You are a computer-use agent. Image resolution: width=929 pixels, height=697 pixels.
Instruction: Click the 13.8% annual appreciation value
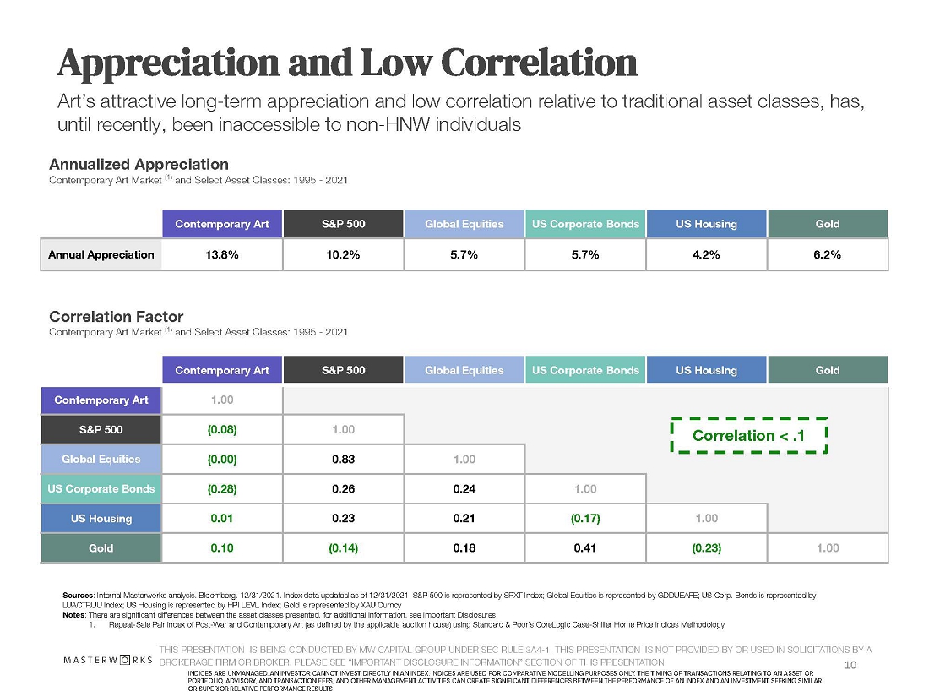pos(221,254)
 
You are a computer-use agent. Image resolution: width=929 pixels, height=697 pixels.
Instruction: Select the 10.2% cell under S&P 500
pos(343,254)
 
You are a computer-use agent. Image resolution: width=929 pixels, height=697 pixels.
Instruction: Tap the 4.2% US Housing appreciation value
pos(706,254)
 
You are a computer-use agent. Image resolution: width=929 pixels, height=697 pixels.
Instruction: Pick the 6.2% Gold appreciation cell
pos(828,254)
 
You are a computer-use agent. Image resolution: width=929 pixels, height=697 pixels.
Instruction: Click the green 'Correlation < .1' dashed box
pos(747,435)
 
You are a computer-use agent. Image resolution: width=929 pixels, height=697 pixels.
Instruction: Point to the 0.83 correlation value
pos(343,460)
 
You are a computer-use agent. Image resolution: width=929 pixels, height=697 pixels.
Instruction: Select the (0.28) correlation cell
pos(221,489)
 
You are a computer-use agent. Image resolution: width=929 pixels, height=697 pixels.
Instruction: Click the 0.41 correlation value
pos(585,548)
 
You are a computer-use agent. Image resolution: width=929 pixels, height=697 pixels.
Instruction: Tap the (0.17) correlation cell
pos(585,519)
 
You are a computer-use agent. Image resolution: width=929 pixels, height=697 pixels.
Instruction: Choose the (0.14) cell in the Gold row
pos(343,548)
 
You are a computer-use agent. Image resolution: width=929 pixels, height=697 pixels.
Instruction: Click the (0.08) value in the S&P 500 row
pos(221,429)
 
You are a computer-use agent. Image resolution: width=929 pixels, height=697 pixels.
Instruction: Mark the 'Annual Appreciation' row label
pos(101,254)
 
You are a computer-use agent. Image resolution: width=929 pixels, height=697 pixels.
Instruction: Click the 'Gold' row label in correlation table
pos(101,548)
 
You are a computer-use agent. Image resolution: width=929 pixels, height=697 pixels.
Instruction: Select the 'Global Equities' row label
pos(101,460)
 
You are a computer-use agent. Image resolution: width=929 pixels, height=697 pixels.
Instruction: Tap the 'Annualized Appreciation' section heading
pos(139,164)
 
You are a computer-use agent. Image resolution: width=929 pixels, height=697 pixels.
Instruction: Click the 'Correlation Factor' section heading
pos(116,317)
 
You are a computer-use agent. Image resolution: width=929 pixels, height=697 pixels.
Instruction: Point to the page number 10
pos(850,666)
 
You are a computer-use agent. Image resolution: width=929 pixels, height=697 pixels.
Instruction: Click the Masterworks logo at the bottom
pos(107,658)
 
